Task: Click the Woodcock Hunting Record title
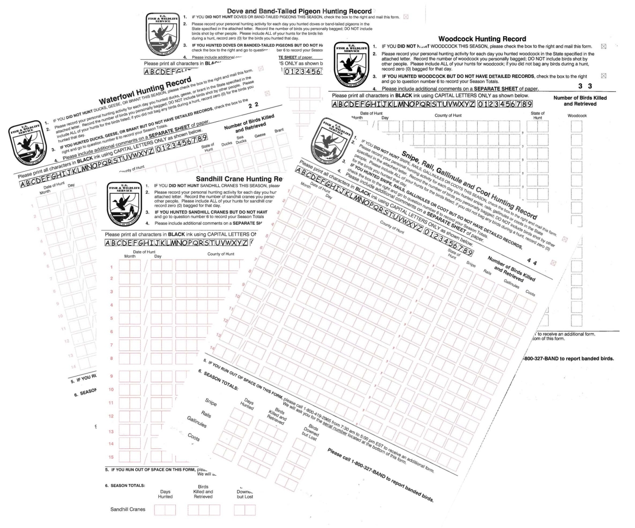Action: (x=482, y=39)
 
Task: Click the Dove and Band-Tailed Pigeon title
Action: (x=299, y=11)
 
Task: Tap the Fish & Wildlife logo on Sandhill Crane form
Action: (x=122, y=200)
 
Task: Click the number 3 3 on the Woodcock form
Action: (x=585, y=86)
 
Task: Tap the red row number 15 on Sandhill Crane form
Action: (x=111, y=457)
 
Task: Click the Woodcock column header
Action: (x=577, y=116)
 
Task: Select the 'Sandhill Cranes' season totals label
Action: (x=128, y=509)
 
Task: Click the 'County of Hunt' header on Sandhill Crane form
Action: (x=221, y=254)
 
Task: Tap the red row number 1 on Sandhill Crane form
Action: (x=111, y=267)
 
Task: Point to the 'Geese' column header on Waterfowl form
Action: (x=260, y=135)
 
